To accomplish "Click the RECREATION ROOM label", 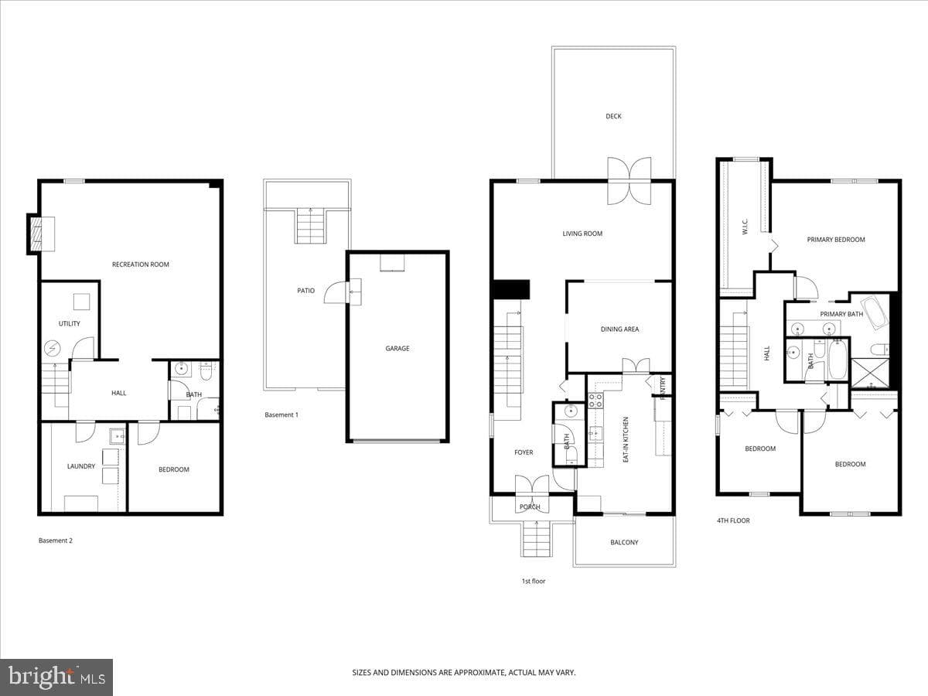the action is click(x=141, y=264).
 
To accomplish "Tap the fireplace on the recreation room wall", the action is click(x=41, y=234).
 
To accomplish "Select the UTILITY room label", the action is click(x=70, y=324).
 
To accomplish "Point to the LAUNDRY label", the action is click(x=81, y=466).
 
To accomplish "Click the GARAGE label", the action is click(x=397, y=349).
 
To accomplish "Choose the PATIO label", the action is click(x=305, y=291).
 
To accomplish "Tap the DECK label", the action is click(x=613, y=116).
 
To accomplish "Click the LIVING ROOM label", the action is click(x=582, y=234).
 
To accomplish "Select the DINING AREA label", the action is click(x=619, y=329).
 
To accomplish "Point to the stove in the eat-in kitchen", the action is click(x=595, y=401).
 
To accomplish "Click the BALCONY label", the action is click(x=624, y=543).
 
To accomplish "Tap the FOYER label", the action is click(x=524, y=452).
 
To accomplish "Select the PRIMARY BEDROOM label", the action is click(x=836, y=240).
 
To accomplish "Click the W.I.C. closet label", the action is click(x=745, y=227).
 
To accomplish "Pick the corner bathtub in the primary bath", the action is click(x=875, y=312).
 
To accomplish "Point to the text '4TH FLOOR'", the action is click(x=733, y=520).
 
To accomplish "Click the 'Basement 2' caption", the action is click(x=56, y=541).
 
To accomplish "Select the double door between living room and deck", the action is click(x=629, y=181).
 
